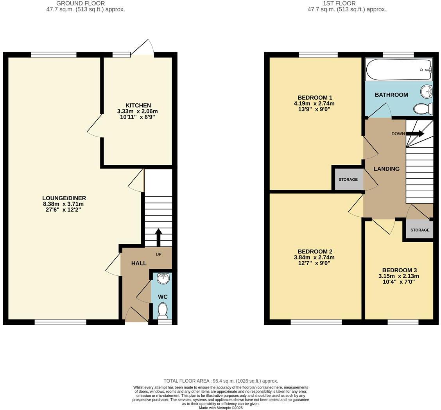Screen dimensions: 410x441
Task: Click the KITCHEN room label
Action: tap(138, 105)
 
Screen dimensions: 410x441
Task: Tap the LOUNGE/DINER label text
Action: tap(64, 198)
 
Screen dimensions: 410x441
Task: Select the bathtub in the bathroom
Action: tap(398, 70)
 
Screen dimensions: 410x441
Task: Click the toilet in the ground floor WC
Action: tap(163, 310)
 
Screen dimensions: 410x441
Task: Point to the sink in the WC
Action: tap(163, 279)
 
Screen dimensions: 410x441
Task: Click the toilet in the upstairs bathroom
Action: tap(423, 108)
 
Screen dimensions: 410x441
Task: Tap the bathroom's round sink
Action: tap(426, 92)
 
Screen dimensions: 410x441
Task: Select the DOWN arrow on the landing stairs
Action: tap(415, 134)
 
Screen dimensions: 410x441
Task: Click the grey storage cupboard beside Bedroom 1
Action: tap(348, 179)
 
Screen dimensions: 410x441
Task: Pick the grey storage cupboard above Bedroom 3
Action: tap(419, 230)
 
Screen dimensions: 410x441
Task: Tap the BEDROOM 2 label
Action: tap(315, 252)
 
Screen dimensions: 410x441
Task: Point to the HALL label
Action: tap(139, 263)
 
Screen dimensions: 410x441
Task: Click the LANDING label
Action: tap(386, 169)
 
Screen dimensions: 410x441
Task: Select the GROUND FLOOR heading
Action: tap(80, 3)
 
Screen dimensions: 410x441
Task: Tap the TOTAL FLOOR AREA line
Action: tap(220, 381)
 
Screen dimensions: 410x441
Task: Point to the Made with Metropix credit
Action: tap(220, 408)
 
